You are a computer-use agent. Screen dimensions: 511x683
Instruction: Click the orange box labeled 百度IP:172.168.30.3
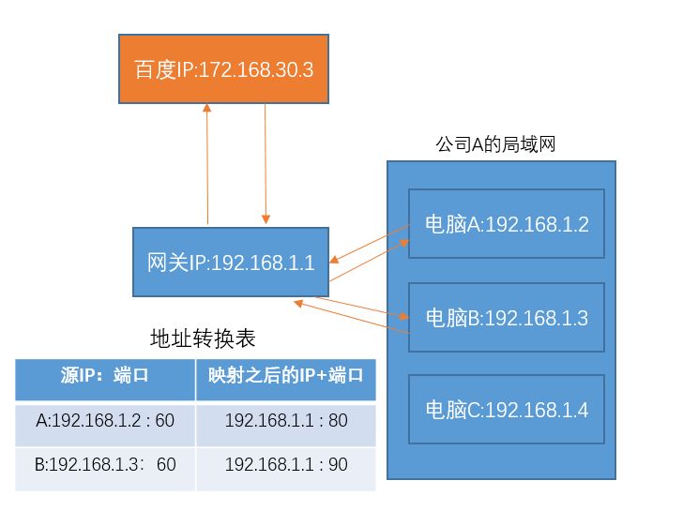pos(223,69)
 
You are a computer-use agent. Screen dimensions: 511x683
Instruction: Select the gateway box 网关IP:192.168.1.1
pos(230,263)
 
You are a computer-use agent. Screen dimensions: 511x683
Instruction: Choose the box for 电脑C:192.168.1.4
pos(507,410)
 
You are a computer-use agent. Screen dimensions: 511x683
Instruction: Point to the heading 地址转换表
pos(203,338)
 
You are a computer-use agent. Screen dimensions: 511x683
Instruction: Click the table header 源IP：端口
pos(105,377)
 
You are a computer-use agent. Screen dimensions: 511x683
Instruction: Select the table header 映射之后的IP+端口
pos(286,377)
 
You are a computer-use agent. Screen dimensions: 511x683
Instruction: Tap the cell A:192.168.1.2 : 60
pos(105,421)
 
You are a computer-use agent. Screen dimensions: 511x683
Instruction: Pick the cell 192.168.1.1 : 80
pos(286,421)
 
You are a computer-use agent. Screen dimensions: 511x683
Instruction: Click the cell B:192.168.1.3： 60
pos(105,465)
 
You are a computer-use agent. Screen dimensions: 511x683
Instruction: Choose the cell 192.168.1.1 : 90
pos(286,465)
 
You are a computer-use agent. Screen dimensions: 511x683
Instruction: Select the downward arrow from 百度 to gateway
pos(266,164)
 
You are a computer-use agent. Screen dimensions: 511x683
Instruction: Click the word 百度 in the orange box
pos(156,69)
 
